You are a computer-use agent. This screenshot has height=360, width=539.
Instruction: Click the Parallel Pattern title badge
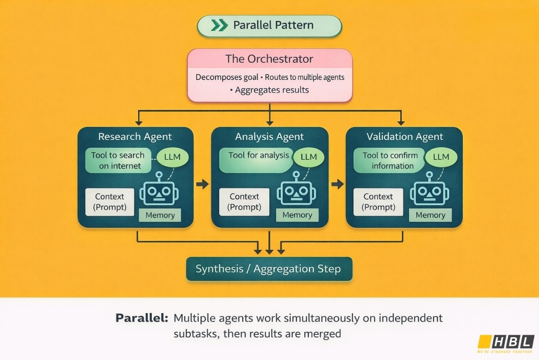(x=269, y=25)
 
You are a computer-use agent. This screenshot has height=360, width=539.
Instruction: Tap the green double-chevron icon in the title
(x=219, y=25)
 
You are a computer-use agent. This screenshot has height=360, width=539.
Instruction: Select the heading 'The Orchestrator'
(x=269, y=59)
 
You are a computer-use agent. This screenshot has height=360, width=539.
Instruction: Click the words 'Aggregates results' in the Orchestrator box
(x=272, y=90)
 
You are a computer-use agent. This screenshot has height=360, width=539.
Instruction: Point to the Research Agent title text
(x=135, y=136)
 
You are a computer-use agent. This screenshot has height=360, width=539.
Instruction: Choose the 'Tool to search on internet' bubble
(x=119, y=160)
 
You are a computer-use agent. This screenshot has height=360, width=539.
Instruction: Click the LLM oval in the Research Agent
(x=172, y=157)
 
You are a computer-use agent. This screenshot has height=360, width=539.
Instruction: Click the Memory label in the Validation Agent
(x=430, y=215)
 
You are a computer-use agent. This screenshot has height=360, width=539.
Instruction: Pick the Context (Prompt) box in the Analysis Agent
(x=244, y=202)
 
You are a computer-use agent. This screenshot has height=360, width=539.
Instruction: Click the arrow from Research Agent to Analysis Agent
(x=202, y=184)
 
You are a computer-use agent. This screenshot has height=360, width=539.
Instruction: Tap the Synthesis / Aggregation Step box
(x=269, y=269)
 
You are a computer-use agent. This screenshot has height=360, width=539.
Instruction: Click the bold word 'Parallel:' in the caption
(x=142, y=318)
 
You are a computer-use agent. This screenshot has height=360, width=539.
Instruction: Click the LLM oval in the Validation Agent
(x=441, y=157)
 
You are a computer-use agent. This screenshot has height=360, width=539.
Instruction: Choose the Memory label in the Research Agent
(x=160, y=215)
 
